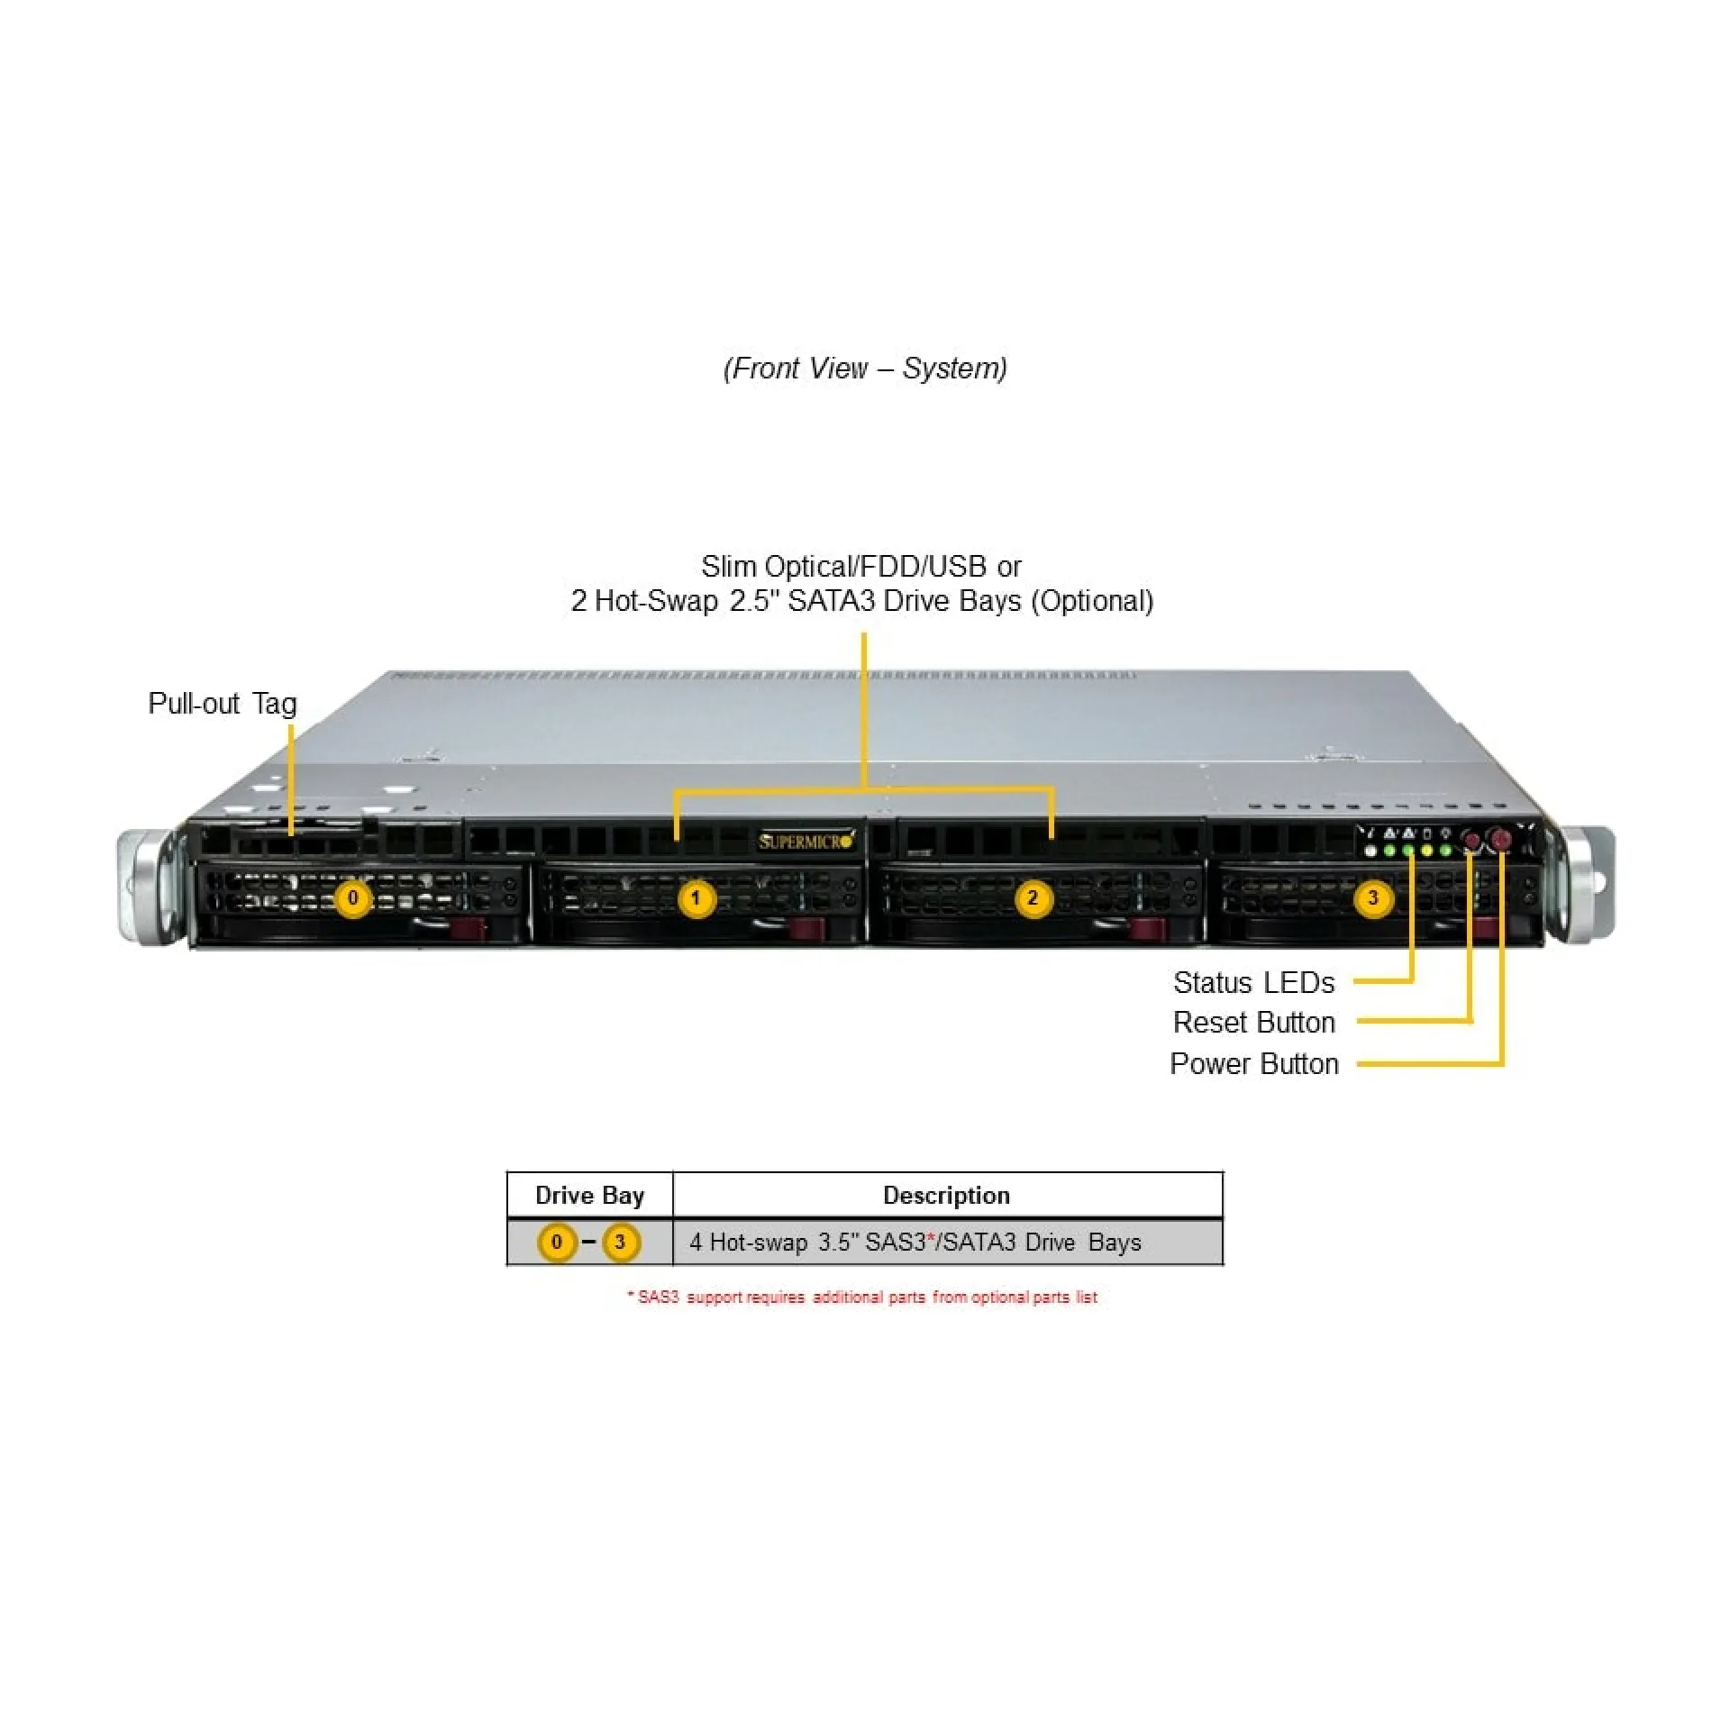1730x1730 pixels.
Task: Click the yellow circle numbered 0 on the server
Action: tap(353, 898)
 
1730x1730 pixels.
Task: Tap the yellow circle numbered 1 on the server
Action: tap(696, 898)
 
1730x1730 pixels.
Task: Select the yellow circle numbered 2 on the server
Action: tap(1033, 898)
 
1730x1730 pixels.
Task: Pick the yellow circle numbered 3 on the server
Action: tap(1372, 898)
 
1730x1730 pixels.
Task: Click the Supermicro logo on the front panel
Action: tap(805, 842)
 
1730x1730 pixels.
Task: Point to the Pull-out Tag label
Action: tap(222, 704)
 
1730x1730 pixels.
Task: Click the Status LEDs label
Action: tap(1253, 982)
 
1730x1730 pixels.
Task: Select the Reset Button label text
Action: tap(1253, 1023)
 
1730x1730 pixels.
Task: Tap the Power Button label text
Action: tap(1253, 1064)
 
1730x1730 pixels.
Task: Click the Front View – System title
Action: tap(865, 369)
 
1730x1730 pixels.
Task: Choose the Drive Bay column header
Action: tap(589, 1196)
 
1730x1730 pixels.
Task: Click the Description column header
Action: tap(946, 1196)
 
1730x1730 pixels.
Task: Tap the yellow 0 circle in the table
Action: tap(557, 1243)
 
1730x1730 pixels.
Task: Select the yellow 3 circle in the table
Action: tap(620, 1243)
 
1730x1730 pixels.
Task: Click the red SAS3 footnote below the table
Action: tap(862, 1297)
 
